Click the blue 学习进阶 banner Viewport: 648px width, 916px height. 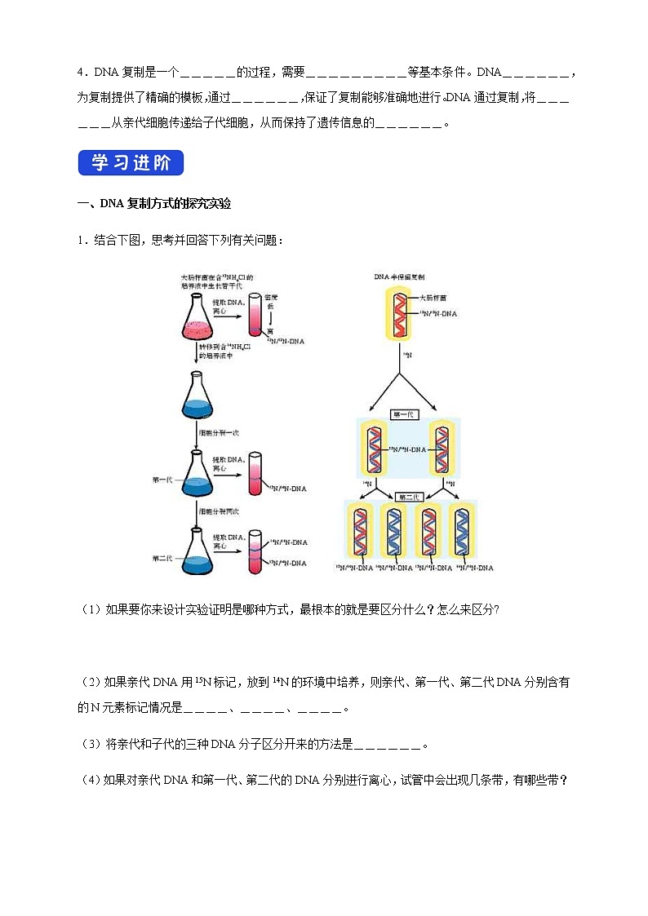coord(131,163)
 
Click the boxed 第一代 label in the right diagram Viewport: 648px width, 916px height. coord(403,414)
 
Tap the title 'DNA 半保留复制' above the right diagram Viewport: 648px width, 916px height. coord(400,277)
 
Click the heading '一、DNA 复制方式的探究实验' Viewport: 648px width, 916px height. coord(155,203)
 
